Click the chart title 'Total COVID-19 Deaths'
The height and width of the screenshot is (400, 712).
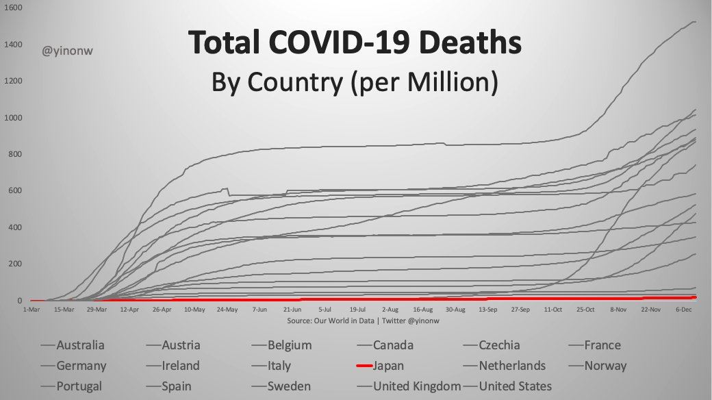(355, 44)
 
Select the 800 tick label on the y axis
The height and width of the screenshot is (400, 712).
(14, 155)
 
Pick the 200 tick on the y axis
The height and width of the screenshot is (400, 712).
(14, 264)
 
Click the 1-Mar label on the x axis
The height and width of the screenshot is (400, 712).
(31, 310)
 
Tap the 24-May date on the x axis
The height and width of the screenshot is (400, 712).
(227, 310)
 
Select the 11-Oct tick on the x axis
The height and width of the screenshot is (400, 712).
(552, 310)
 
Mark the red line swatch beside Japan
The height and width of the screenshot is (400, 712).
(364, 366)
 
